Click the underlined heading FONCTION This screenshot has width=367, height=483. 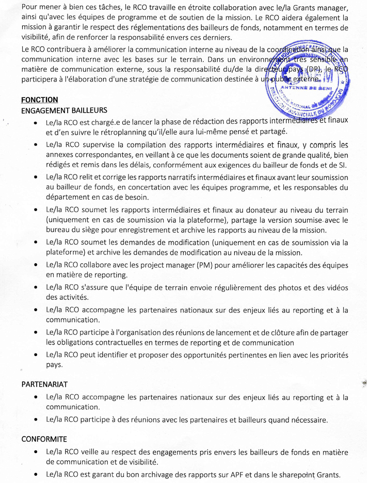pyautogui.click(x=40, y=100)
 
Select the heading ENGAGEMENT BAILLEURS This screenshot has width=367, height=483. pyautogui.click(x=64, y=110)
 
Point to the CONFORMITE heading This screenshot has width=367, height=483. pyautogui.click(x=44, y=439)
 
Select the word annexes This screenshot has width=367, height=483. pyautogui.click(x=60, y=154)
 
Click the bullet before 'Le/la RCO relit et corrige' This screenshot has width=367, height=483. pyautogui.click(x=35, y=178)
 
